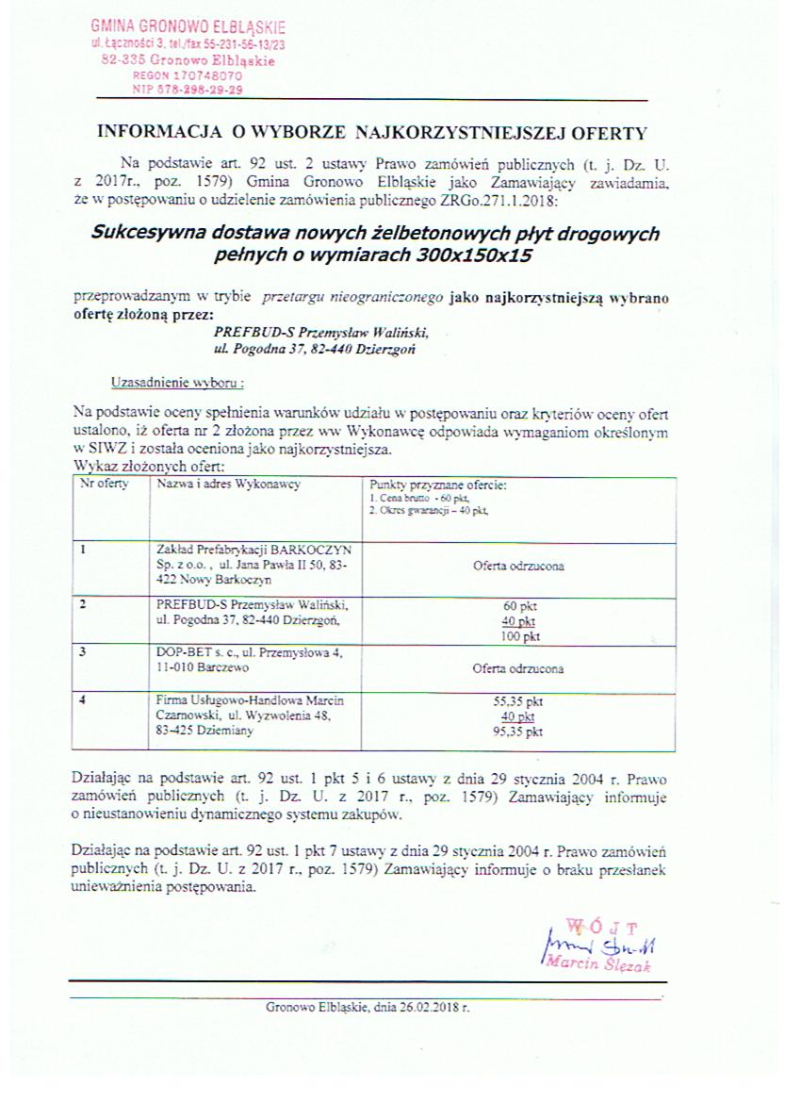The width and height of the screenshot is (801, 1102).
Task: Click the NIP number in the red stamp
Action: click(x=188, y=90)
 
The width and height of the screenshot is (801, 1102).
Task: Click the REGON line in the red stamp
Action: click(x=188, y=74)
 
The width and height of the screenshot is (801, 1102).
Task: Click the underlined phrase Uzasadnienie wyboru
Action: click(x=177, y=384)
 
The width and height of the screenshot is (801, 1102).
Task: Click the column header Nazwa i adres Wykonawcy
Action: click(x=228, y=484)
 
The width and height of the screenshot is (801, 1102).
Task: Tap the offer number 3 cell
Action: click(x=86, y=650)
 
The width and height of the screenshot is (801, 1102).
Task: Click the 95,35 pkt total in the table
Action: click(x=518, y=731)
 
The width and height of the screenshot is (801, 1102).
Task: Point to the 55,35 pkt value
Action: click(x=518, y=702)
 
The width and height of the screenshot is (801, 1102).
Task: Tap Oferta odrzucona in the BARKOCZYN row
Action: click(x=519, y=567)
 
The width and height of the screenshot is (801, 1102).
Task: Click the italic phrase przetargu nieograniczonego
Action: click(x=354, y=297)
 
